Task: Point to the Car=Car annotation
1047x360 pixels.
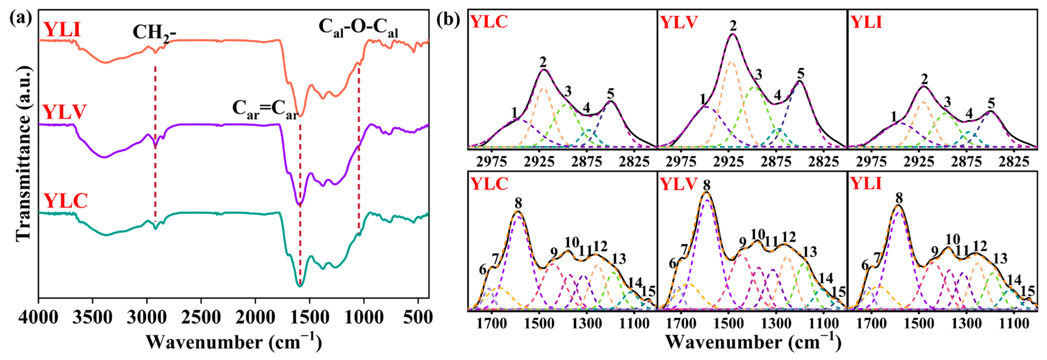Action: pyautogui.click(x=265, y=110)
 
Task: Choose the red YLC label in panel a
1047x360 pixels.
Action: pyautogui.click(x=65, y=201)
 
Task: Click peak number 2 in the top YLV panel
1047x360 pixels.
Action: pyautogui.click(x=733, y=25)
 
